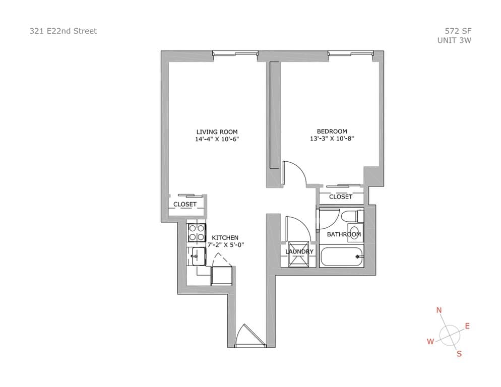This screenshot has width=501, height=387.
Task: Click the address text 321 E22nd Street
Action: pyautogui.click(x=63, y=31)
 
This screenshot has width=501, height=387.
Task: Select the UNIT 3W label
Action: pyautogui.click(x=454, y=41)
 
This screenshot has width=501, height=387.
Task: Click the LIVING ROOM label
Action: pyautogui.click(x=217, y=132)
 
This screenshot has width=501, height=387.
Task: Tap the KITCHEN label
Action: pyautogui.click(x=225, y=238)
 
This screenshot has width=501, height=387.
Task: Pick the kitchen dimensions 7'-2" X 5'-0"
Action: pyautogui.click(x=225, y=245)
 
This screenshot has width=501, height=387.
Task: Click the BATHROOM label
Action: pyautogui.click(x=344, y=234)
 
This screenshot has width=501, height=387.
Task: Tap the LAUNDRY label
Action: pyautogui.click(x=299, y=251)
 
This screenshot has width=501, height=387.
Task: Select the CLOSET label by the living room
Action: pyautogui.click(x=185, y=204)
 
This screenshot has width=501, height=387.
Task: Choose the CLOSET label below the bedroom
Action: pyautogui.click(x=341, y=197)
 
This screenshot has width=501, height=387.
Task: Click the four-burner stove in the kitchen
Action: pyautogui.click(x=197, y=233)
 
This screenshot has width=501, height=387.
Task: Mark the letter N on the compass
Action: pyautogui.click(x=439, y=310)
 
